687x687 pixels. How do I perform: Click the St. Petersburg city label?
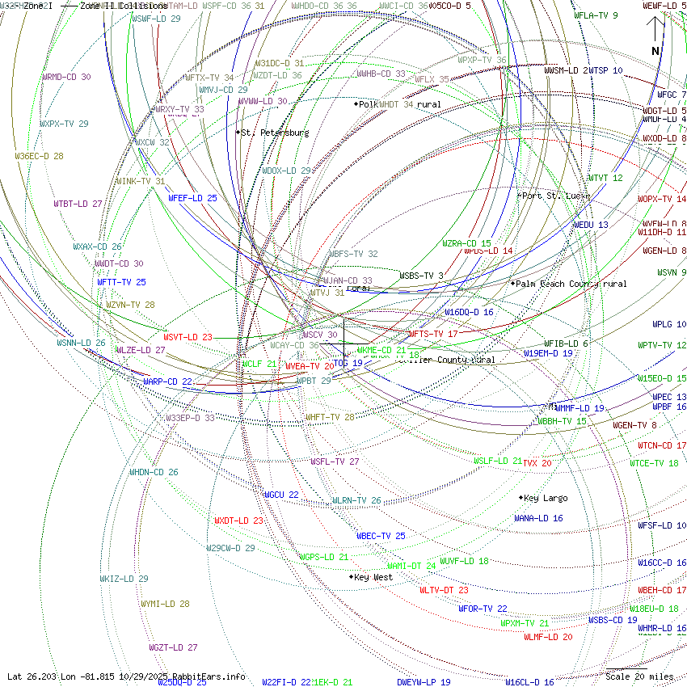(274, 133)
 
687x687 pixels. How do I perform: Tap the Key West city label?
(373, 577)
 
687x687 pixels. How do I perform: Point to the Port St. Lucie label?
(554, 196)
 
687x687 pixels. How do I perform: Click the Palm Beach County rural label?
(571, 284)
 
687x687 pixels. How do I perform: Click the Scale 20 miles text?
(639, 676)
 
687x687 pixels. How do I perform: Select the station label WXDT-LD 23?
(238, 521)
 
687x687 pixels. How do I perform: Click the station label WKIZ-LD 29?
(124, 579)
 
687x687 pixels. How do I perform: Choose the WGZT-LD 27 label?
(173, 647)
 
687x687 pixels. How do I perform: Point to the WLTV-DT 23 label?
(444, 590)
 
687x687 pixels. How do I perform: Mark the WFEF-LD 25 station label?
(192, 198)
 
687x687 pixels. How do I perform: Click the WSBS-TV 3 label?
(421, 276)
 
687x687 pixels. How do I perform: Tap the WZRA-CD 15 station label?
(466, 243)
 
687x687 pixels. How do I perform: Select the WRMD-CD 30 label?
(66, 77)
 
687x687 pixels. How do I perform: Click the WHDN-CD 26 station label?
(154, 472)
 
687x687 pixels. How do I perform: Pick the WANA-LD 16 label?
(538, 518)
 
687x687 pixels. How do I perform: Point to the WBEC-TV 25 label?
(381, 536)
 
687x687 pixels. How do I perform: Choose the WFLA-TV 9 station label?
(596, 15)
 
